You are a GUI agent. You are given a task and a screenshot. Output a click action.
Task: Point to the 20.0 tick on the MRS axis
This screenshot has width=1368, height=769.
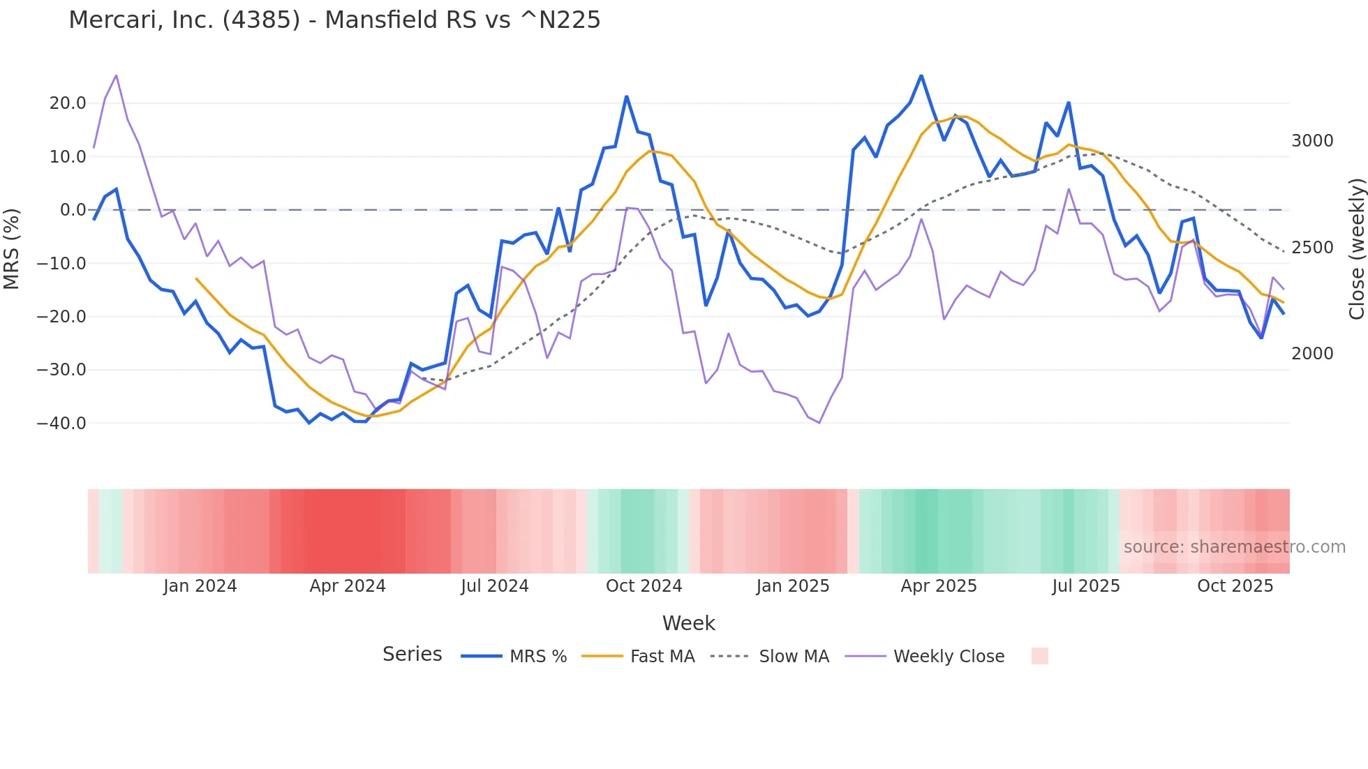68,103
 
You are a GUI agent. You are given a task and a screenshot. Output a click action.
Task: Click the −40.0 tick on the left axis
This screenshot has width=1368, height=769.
61,424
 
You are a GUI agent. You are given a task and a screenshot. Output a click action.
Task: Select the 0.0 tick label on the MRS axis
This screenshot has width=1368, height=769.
73,210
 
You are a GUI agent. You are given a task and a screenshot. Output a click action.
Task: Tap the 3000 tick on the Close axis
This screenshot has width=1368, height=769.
1312,141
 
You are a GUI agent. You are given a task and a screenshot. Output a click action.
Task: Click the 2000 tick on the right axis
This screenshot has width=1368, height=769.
1312,354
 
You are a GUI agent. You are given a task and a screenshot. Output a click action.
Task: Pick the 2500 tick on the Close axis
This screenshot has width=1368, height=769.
1312,248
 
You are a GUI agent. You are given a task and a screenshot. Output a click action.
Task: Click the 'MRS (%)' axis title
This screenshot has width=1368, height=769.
12,249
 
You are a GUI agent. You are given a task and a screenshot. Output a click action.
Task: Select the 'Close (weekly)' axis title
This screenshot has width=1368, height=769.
1356,249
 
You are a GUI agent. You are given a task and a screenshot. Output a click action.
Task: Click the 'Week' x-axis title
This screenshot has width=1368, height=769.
688,623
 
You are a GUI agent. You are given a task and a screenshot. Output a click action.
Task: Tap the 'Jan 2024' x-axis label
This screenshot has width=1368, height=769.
200,586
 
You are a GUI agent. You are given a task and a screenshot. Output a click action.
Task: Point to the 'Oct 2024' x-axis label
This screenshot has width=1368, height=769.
644,586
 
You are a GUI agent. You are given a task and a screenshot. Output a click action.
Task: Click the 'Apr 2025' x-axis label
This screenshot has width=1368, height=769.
939,586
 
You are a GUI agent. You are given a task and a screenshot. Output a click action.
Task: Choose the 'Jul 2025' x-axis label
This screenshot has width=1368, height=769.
1086,586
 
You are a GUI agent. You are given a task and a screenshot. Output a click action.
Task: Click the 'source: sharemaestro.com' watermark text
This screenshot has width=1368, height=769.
1234,547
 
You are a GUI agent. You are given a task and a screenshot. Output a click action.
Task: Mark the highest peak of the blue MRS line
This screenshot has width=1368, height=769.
921,75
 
